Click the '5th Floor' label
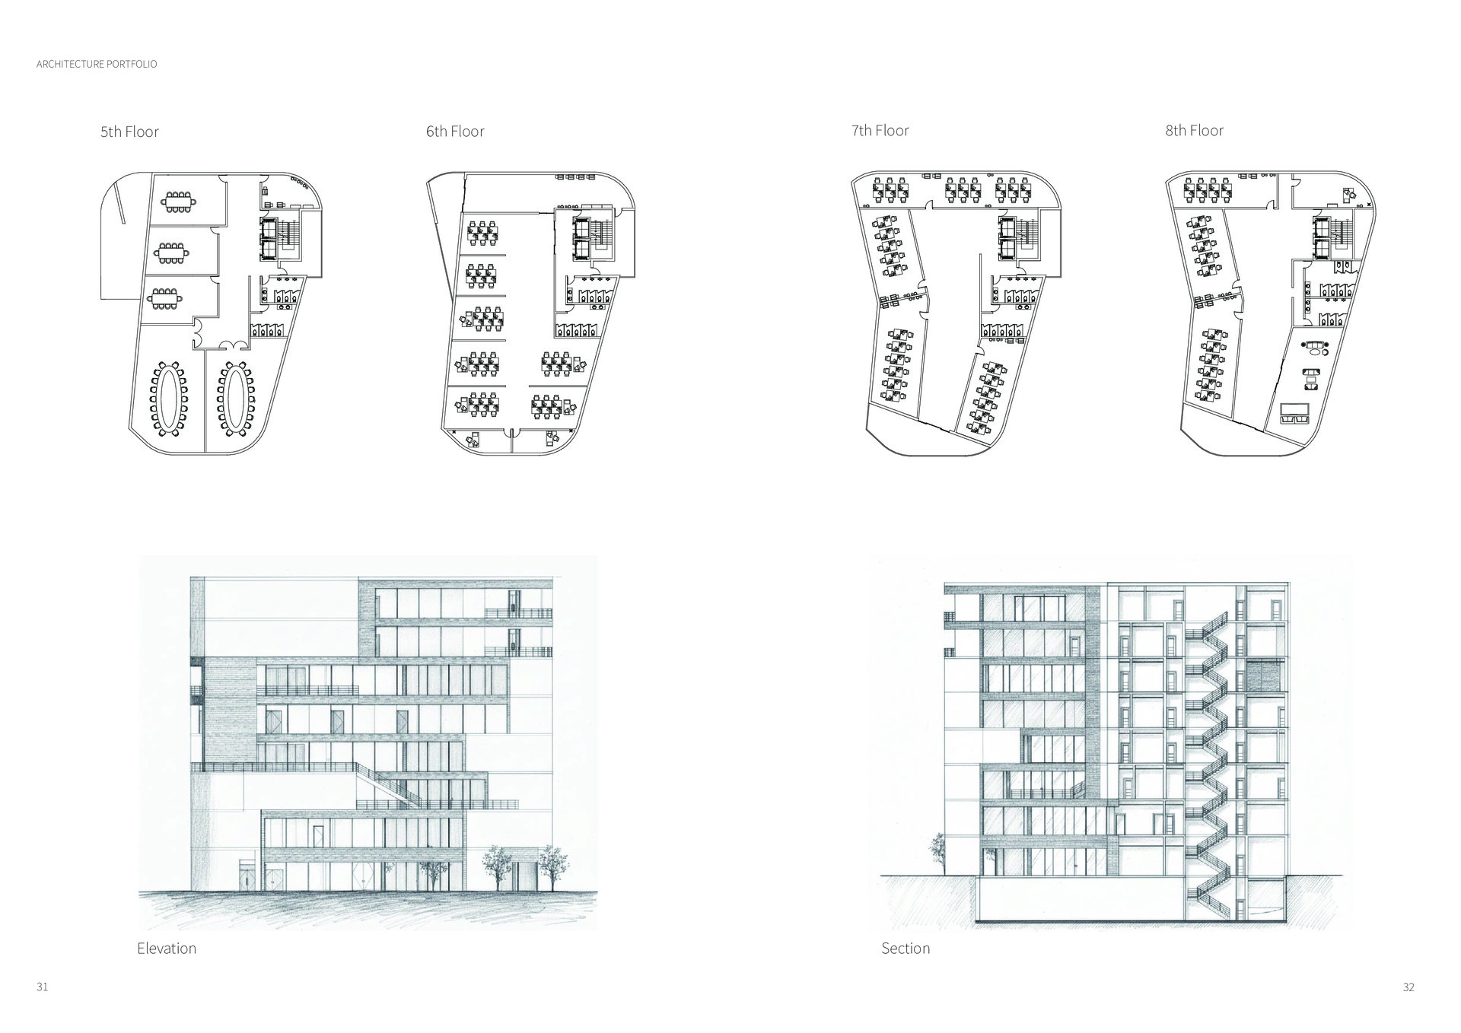tap(129, 132)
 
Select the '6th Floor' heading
tap(455, 132)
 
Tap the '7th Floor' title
tap(880, 131)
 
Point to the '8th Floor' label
tap(1194, 131)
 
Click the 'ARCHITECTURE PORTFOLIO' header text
tap(97, 64)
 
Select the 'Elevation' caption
tap(167, 949)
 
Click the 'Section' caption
tap(906, 949)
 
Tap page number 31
tap(42, 1009)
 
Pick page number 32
tap(1408, 1009)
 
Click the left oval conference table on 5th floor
tap(168, 396)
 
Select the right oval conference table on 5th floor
tap(234, 396)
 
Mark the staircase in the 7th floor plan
tap(1027, 234)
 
